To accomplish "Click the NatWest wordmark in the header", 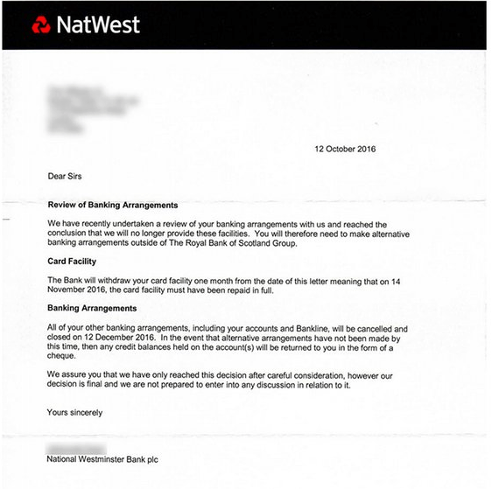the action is [97, 24].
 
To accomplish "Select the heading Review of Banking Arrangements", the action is [113, 205].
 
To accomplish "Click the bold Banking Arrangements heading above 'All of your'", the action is [92, 309].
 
